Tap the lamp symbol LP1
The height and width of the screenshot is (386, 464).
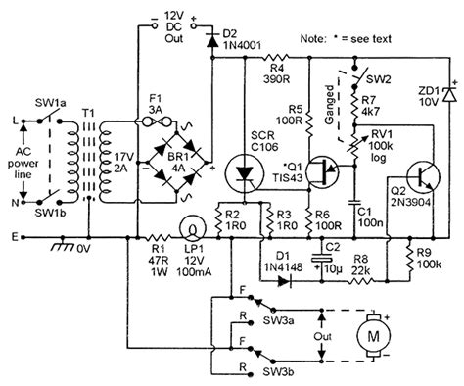coord(194,231)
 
